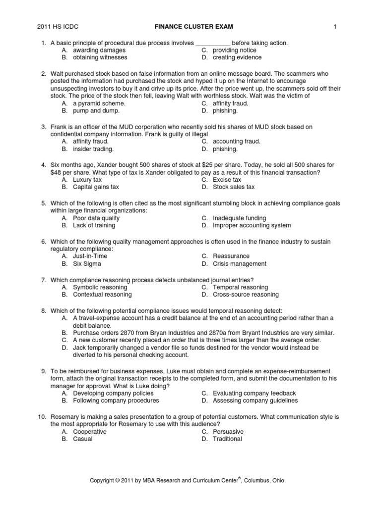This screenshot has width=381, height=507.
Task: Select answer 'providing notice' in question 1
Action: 234,51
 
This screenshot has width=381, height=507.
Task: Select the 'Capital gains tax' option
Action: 96,187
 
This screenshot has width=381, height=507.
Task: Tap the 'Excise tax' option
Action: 227,180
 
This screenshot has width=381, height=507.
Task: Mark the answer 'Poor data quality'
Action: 96,218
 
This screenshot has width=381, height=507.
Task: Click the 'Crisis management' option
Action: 240,264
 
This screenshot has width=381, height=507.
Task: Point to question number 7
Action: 43,280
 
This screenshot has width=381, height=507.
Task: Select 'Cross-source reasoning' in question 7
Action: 246,295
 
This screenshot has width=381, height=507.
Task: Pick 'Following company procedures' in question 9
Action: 116,401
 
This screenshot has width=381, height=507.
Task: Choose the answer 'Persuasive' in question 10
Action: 228,431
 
